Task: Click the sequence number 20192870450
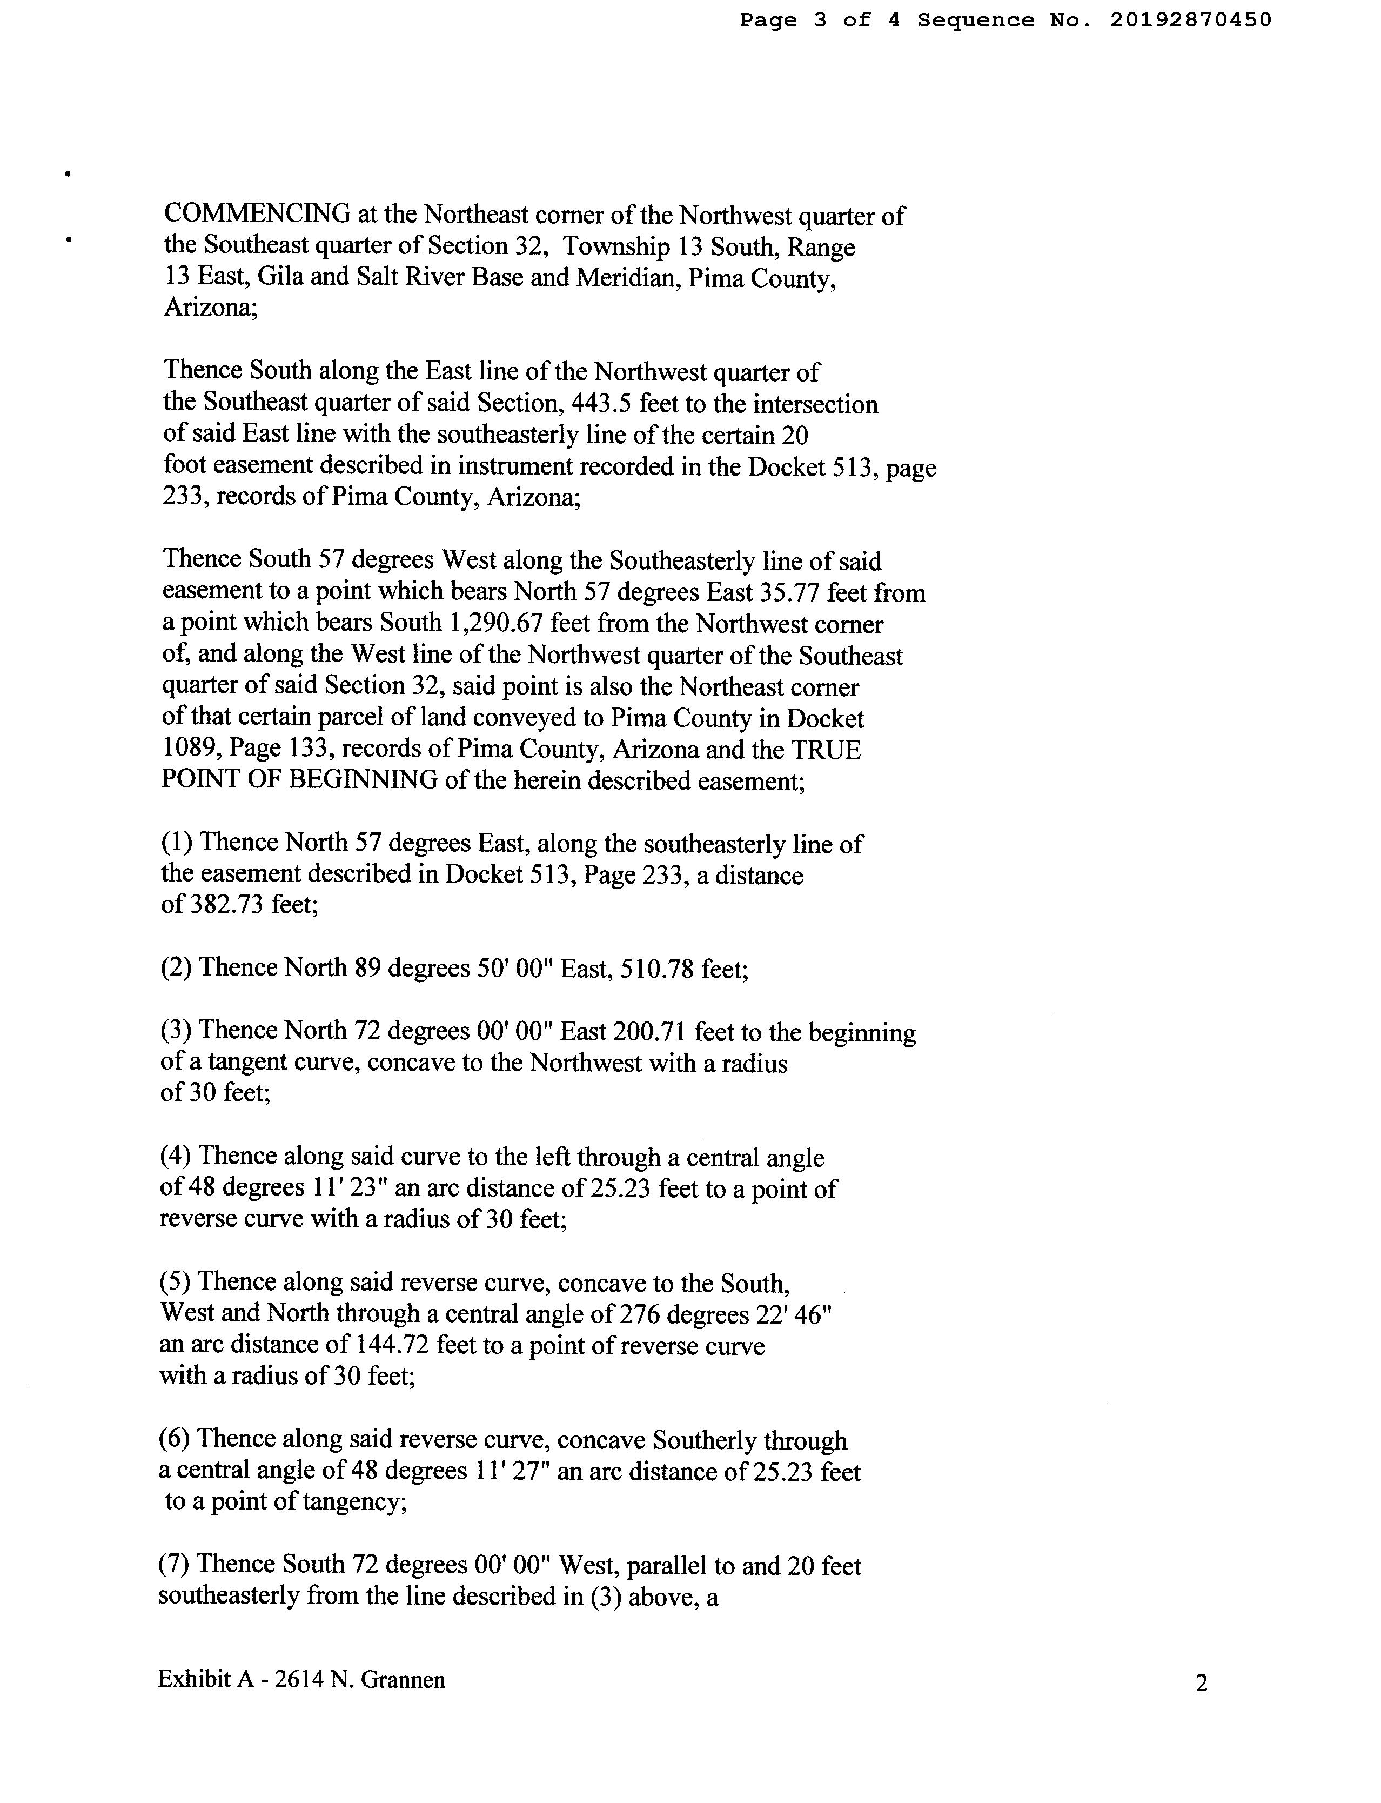point(1190,20)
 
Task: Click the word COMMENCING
point(258,215)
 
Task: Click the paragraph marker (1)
point(176,842)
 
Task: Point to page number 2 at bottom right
point(1201,1684)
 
